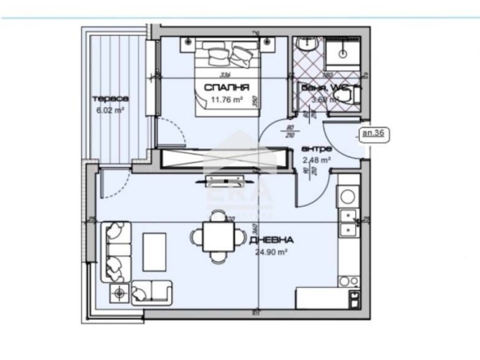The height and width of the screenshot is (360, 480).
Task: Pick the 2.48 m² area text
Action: pyautogui.click(x=316, y=161)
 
